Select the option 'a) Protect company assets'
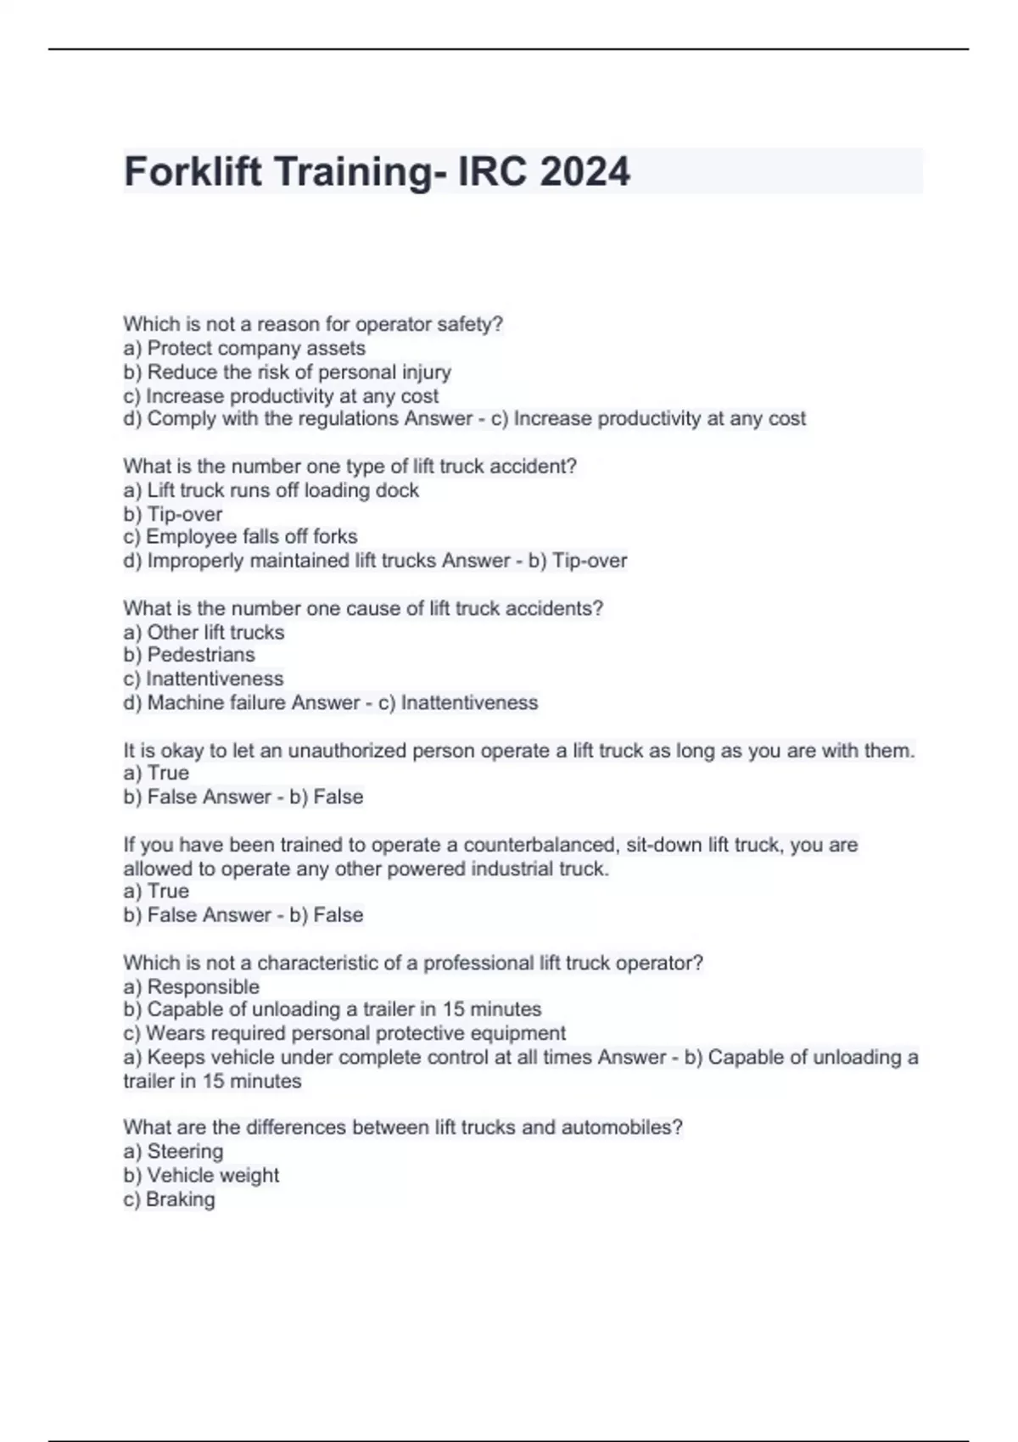pyautogui.click(x=244, y=349)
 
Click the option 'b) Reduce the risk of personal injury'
pyautogui.click(x=287, y=372)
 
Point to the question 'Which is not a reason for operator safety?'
pyautogui.click(x=313, y=324)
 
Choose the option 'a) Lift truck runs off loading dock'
pyautogui.click(x=271, y=490)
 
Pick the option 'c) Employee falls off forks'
pyautogui.click(x=240, y=537)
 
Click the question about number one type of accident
pyautogui.click(x=350, y=467)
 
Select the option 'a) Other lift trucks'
pyautogui.click(x=204, y=633)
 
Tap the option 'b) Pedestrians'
pyautogui.click(x=188, y=655)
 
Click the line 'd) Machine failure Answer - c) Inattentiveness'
pyautogui.click(x=330, y=703)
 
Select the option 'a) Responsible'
pyautogui.click(x=191, y=987)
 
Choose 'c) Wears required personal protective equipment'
pyautogui.click(x=344, y=1033)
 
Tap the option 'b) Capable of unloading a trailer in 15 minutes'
pyautogui.click(x=332, y=1009)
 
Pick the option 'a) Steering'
pyautogui.click(x=173, y=1151)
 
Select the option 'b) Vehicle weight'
pyautogui.click(x=201, y=1176)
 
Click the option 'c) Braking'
pyautogui.click(x=169, y=1199)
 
